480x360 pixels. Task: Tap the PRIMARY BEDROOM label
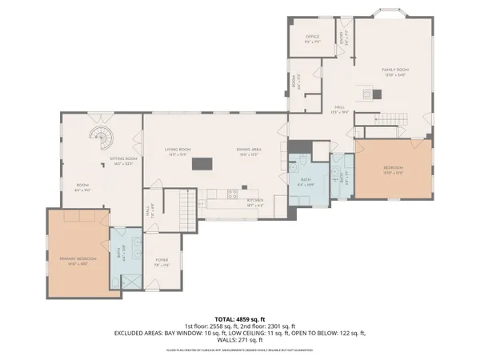pyautogui.click(x=78, y=260)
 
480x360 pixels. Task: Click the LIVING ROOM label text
pyautogui.click(x=177, y=150)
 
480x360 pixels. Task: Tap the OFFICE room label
pyautogui.click(x=313, y=38)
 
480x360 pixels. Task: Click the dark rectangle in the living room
pyautogui.click(x=202, y=164)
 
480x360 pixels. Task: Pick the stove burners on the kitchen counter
pyautogui.click(x=232, y=192)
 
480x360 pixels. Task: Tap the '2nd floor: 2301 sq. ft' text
pyautogui.click(x=267, y=326)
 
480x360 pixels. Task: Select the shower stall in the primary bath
pyautogui.click(x=129, y=282)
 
